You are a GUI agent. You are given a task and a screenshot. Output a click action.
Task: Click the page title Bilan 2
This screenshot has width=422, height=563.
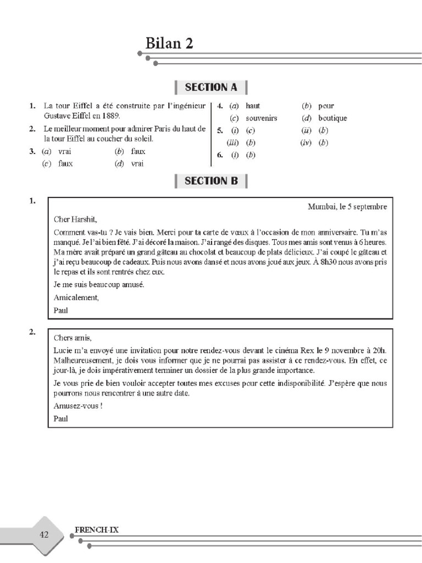tap(169, 43)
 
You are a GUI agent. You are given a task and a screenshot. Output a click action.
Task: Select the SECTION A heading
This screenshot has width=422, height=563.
tap(211, 87)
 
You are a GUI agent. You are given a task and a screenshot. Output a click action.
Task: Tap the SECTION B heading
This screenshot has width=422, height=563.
tap(211, 180)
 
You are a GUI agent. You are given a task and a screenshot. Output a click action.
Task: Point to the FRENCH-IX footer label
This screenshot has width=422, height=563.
tap(96, 530)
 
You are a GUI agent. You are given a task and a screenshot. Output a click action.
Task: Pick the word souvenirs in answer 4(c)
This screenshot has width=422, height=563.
tap(261, 118)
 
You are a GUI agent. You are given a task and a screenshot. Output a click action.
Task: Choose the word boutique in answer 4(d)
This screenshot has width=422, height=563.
tap(332, 118)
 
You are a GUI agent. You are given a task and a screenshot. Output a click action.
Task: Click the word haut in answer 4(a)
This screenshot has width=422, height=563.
tap(253, 106)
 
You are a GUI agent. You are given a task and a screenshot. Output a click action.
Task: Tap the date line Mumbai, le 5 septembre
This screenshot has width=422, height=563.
tap(347, 207)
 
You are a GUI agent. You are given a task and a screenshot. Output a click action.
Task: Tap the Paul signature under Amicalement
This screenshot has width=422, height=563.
tap(62, 310)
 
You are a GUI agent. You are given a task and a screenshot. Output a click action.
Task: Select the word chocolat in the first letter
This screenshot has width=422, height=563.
tap(209, 252)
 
